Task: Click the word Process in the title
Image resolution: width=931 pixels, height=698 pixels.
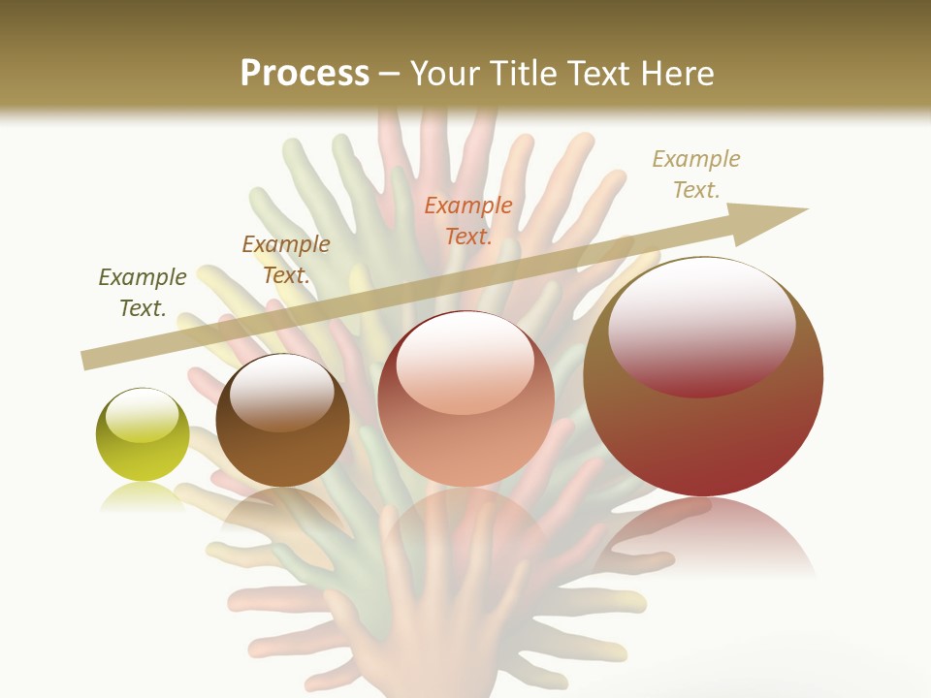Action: click(x=305, y=74)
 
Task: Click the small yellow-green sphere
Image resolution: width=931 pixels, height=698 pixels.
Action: click(x=143, y=435)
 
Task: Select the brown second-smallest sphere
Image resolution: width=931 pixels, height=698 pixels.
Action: click(x=282, y=421)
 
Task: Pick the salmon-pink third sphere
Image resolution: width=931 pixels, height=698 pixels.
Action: click(x=465, y=399)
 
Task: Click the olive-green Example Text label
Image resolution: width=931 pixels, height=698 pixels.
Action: click(x=143, y=293)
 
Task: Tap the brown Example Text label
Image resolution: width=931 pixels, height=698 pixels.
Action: click(x=286, y=260)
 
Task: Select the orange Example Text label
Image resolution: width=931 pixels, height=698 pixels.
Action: click(x=468, y=220)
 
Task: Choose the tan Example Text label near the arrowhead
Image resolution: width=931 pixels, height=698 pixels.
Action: click(x=696, y=174)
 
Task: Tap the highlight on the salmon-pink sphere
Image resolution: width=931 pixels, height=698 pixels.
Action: click(x=465, y=364)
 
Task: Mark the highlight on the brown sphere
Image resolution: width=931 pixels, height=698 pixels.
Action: click(x=281, y=391)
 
